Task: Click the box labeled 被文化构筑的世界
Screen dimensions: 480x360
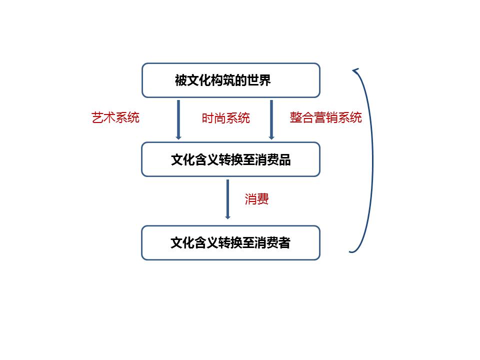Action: click(231, 80)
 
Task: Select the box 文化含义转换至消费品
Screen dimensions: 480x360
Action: click(231, 159)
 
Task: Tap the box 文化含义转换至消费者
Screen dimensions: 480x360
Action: click(231, 243)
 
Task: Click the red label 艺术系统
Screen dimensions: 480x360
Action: click(115, 117)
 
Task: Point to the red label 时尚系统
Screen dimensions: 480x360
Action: click(226, 118)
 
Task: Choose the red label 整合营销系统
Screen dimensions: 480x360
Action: click(325, 117)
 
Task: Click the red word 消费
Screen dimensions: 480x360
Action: click(256, 199)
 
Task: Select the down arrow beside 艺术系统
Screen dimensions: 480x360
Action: click(178, 119)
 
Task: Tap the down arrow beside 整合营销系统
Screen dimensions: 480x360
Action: click(271, 119)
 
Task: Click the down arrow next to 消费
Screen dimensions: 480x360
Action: click(227, 199)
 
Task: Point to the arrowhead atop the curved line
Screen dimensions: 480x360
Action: click(355, 71)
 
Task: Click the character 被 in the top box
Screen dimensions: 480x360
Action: click(180, 80)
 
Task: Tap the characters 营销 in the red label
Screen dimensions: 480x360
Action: click(325, 117)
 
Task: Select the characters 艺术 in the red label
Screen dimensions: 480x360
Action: click(103, 117)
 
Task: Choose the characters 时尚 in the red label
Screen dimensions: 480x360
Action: click(213, 118)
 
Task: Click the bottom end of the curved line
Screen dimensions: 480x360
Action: click(350, 252)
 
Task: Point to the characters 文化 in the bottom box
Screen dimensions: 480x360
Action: click(182, 243)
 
